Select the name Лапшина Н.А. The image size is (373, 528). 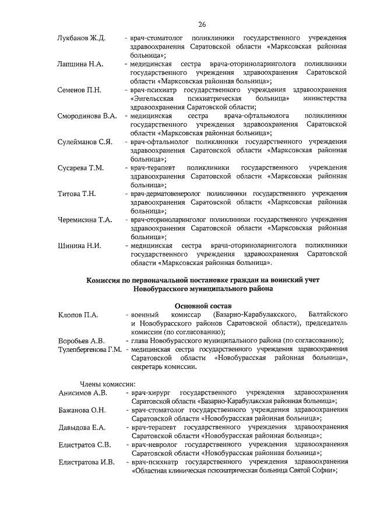[x=80, y=63]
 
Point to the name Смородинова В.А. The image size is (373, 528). [x=87, y=116]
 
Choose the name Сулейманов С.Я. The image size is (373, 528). [x=85, y=142]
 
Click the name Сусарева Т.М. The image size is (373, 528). [x=80, y=168]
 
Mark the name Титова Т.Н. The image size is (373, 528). [x=76, y=194]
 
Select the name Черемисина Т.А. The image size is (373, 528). [x=85, y=220]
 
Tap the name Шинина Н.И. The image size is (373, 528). [x=79, y=246]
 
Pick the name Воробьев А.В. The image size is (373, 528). [x=81, y=341]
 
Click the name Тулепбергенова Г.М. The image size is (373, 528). [x=89, y=350]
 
